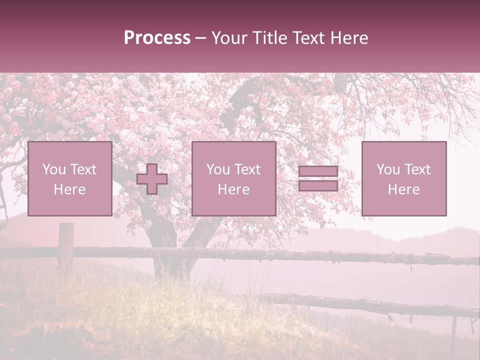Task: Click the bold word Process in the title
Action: [x=157, y=38]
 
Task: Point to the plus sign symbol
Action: [x=152, y=179]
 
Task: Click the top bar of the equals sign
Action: [x=318, y=171]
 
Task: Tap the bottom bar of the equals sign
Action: [x=318, y=185]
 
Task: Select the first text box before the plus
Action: [x=69, y=178]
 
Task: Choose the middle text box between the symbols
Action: [x=233, y=178]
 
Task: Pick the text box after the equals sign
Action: [x=403, y=178]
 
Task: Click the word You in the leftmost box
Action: [x=54, y=169]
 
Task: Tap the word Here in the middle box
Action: [x=233, y=189]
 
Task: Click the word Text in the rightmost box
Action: [x=417, y=169]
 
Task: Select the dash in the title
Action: [x=201, y=38]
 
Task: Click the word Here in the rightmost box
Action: [x=403, y=189]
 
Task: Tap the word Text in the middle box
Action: [x=247, y=169]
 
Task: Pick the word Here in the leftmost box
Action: [x=69, y=189]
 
